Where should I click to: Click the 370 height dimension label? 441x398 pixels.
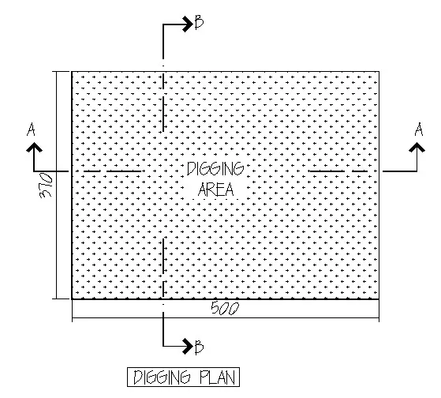[x=46, y=186]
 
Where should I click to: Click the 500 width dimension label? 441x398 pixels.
[x=225, y=308]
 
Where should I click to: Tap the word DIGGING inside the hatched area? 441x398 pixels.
[x=215, y=169]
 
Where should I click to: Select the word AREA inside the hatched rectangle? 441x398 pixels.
[x=216, y=189]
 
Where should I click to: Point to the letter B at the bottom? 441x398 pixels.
[x=199, y=347]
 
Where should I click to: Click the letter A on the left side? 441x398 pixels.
[x=31, y=130]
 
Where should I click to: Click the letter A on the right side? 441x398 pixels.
[x=419, y=130]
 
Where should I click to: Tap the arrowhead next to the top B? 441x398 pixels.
[x=187, y=24]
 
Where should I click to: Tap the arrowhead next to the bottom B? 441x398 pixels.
[x=187, y=346]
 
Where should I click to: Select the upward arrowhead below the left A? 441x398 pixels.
[x=34, y=147]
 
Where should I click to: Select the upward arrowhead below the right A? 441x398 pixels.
[x=417, y=147]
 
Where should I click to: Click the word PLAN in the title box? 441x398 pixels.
[x=218, y=377]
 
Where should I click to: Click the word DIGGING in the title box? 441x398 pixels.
[x=162, y=377]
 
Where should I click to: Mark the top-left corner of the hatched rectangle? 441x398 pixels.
[x=72, y=72]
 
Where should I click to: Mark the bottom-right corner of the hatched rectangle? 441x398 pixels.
[x=379, y=299]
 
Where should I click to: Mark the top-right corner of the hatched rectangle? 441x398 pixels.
[x=379, y=72]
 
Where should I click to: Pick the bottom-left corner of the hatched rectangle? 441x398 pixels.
[x=72, y=299]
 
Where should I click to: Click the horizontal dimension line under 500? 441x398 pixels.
[x=226, y=318]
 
